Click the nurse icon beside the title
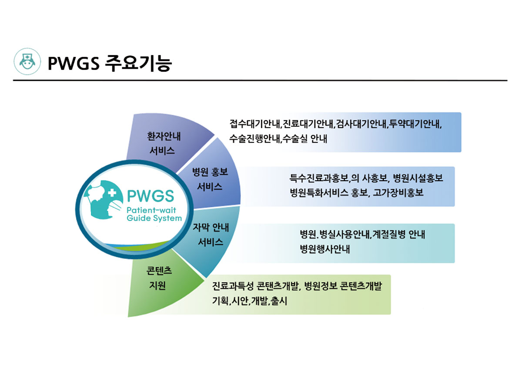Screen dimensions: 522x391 [27, 62]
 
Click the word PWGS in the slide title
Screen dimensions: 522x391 [74, 63]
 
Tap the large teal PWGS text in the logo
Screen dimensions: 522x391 [151, 195]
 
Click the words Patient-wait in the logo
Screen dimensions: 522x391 [151, 210]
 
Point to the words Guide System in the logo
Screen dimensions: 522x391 [154, 218]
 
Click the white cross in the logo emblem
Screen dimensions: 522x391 [112, 193]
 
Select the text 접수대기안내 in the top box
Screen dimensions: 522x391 [255, 124]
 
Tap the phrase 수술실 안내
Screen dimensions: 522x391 [306, 139]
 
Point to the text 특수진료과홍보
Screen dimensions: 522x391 [319, 178]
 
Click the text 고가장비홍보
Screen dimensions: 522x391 [398, 192]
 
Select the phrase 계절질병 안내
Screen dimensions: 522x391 [398, 235]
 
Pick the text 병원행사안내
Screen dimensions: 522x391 [325, 249]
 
